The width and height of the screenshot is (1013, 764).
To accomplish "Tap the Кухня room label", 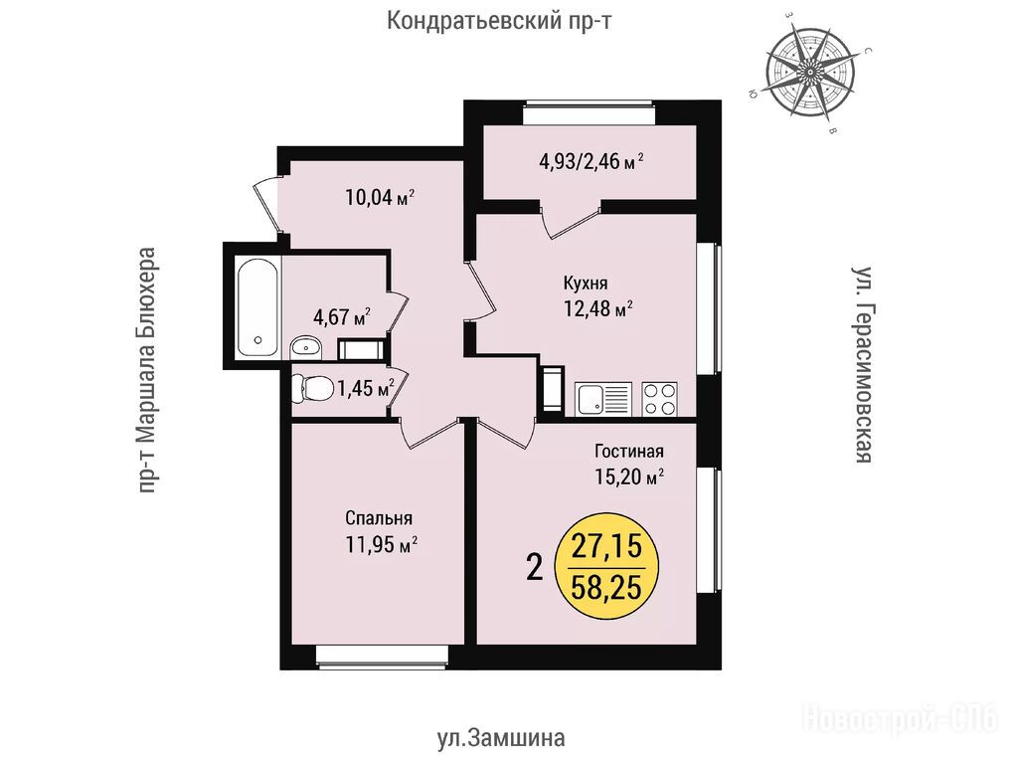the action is (586, 284).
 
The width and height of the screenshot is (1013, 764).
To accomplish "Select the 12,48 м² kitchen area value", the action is (597, 308).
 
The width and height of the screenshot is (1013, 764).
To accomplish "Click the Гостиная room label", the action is (628, 451).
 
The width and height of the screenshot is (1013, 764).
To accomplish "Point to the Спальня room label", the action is (379, 517).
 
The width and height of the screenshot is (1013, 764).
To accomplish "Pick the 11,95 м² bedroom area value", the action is (381, 544).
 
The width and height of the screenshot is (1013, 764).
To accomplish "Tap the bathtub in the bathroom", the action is (258, 306).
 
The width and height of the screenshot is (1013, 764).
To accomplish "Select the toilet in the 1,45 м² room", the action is (312, 388).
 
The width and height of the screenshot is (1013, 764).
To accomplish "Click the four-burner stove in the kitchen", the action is (660, 399).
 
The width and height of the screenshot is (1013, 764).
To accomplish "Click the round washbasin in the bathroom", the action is (305, 348).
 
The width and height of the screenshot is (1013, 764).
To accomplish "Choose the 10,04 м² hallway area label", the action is (380, 197).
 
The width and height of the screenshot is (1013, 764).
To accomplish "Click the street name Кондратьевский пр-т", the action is (499, 21).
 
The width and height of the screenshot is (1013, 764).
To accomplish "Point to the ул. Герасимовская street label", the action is (862, 364).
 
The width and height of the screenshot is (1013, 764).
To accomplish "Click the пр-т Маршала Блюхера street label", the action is (148, 370).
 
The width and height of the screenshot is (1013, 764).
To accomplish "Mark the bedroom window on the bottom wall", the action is (382, 656).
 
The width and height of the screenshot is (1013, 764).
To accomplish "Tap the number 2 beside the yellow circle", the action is (534, 569).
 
